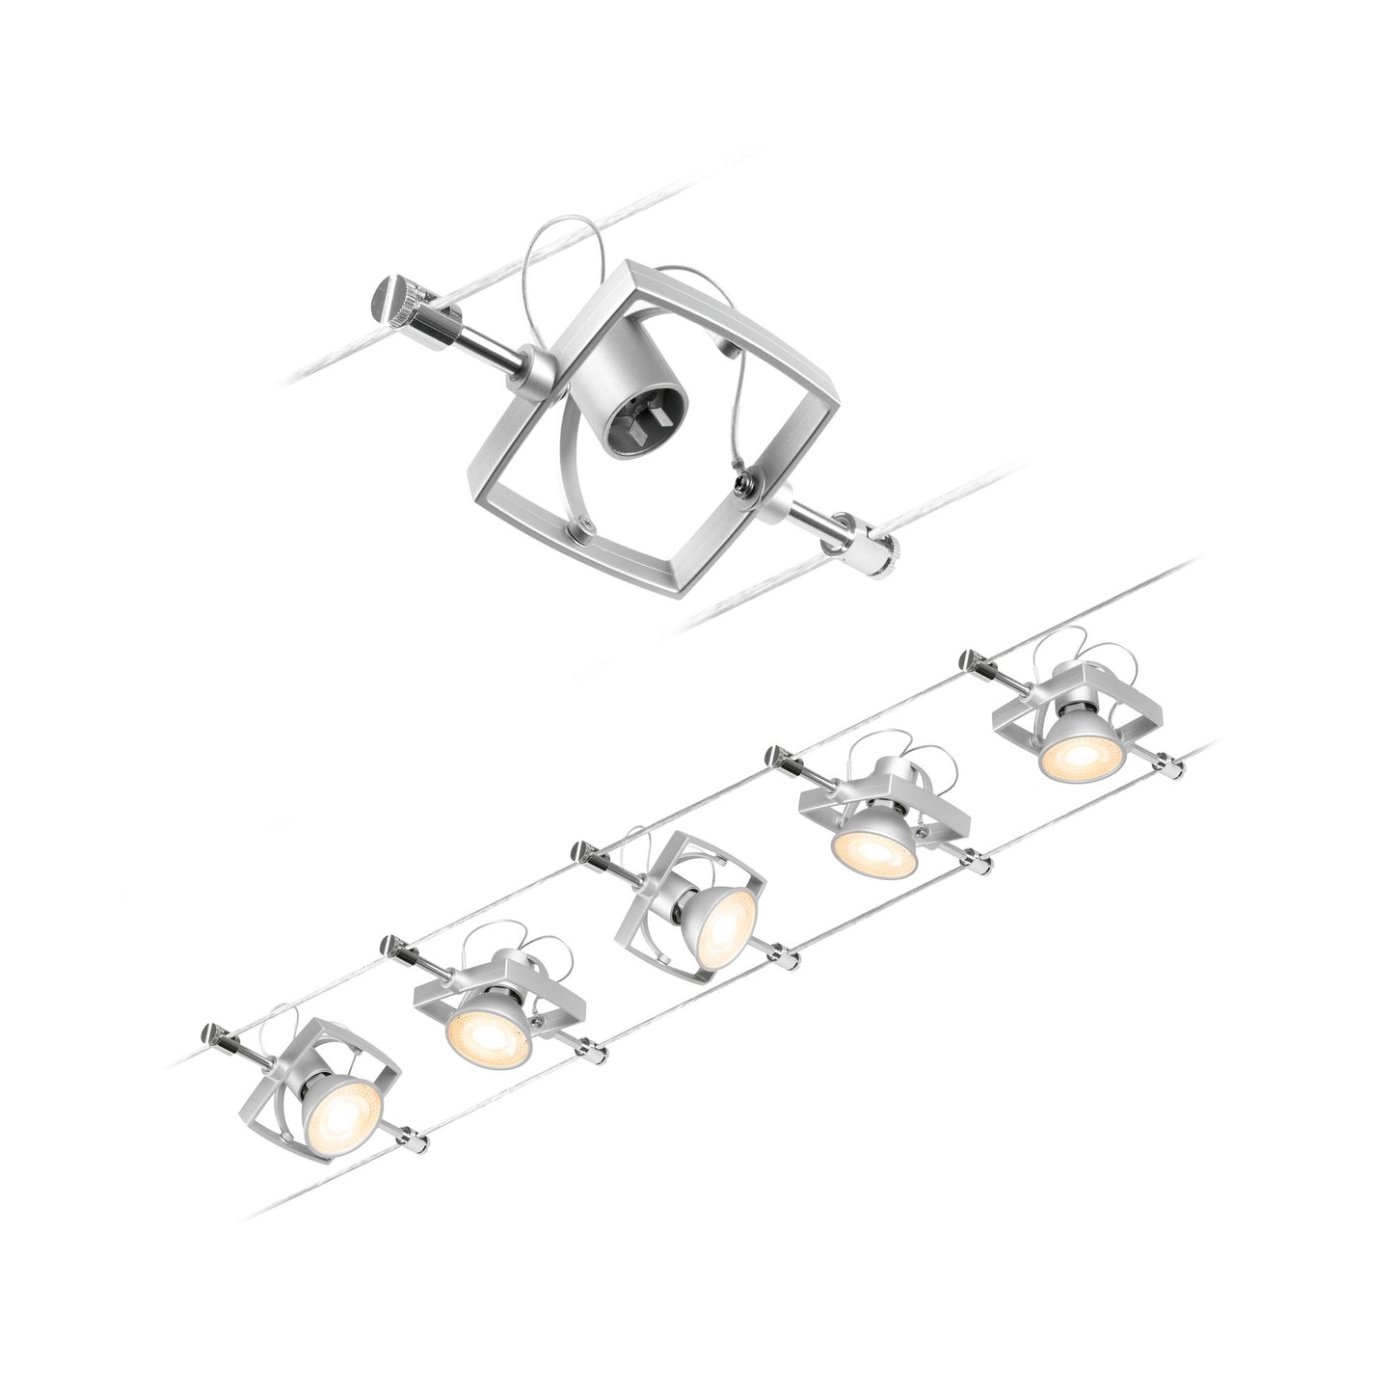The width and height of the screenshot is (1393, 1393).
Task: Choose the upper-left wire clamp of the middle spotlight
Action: tap(582, 850)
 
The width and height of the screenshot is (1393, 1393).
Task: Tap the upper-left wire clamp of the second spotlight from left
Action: tap(394, 948)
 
